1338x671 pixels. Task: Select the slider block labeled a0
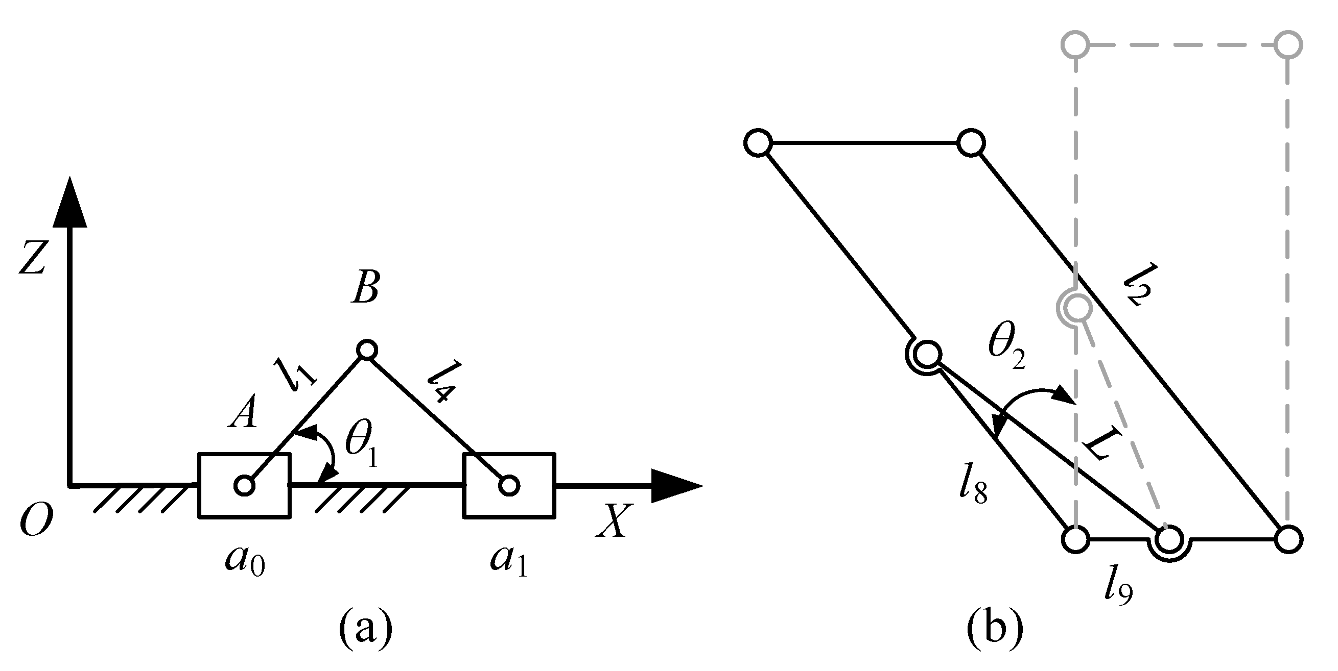(x=244, y=486)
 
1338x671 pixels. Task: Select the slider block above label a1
(x=509, y=486)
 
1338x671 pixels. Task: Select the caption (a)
(x=366, y=629)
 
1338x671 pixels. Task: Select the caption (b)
(x=995, y=629)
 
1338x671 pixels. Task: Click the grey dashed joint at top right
(x=1287, y=44)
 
